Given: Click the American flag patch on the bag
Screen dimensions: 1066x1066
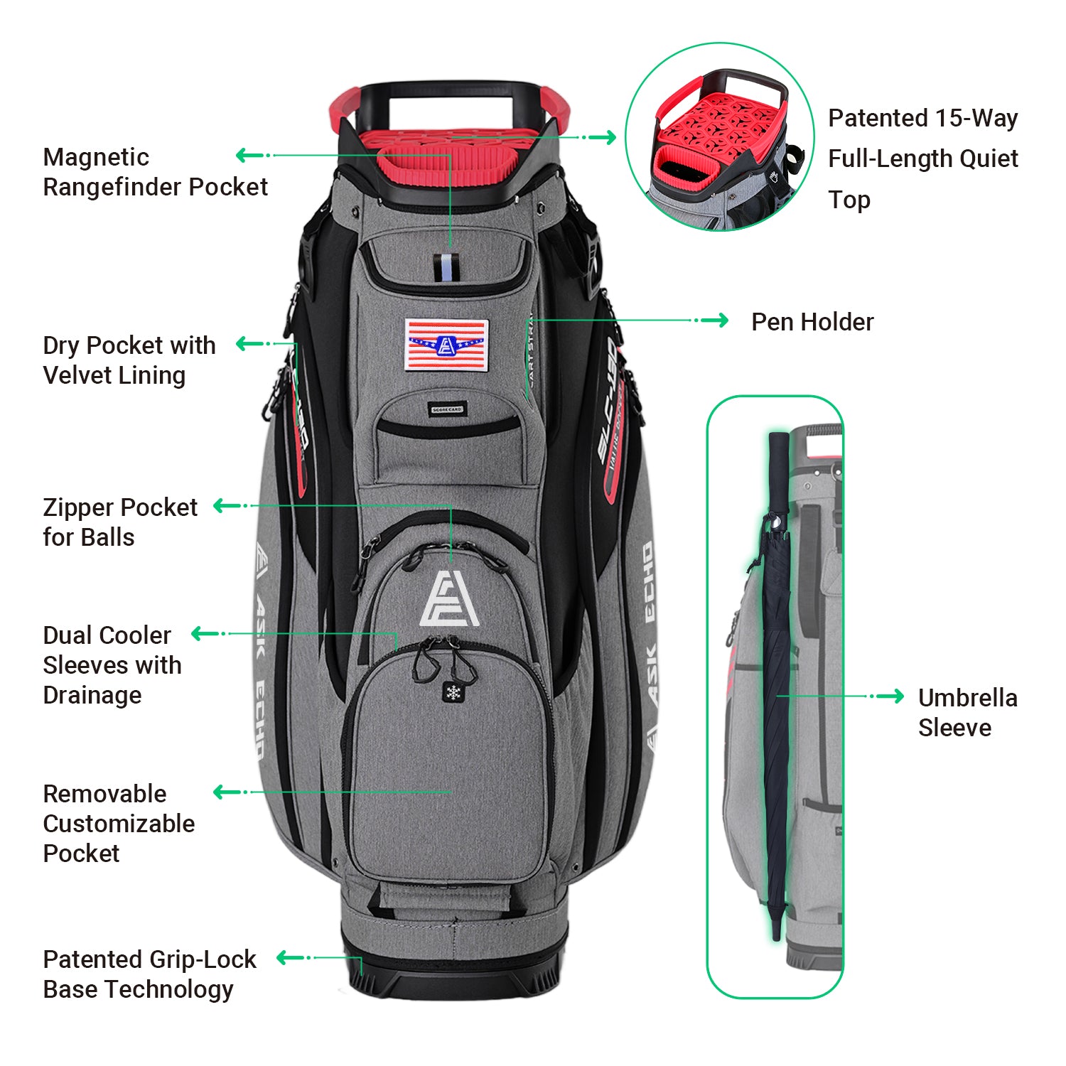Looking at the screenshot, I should pyautogui.click(x=446, y=345).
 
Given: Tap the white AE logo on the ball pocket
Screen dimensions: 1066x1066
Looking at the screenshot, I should pyautogui.click(x=449, y=599).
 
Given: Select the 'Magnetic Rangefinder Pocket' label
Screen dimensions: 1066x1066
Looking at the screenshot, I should pyautogui.click(x=155, y=172).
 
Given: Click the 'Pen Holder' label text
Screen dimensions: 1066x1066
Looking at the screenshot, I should pyautogui.click(x=812, y=322).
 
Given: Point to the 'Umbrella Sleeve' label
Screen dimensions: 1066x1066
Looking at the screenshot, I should pyautogui.click(x=967, y=712).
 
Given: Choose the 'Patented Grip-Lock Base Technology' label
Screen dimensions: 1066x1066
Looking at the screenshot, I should pyautogui.click(x=149, y=974).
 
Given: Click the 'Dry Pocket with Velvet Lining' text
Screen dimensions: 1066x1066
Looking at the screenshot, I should pyautogui.click(x=129, y=360).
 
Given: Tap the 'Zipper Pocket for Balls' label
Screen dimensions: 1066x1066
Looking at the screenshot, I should pyautogui.click(x=120, y=522).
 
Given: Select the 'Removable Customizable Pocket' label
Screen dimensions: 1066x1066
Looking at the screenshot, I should pyautogui.click(x=119, y=823).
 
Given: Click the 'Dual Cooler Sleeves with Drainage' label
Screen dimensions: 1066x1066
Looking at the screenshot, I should pyautogui.click(x=112, y=665).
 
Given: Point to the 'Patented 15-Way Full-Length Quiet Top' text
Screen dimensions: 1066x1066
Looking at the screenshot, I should pyautogui.click(x=922, y=158).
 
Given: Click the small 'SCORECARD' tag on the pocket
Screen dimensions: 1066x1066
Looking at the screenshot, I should pyautogui.click(x=447, y=409).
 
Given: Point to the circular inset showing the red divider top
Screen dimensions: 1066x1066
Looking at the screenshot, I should pyautogui.click(x=719, y=136).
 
